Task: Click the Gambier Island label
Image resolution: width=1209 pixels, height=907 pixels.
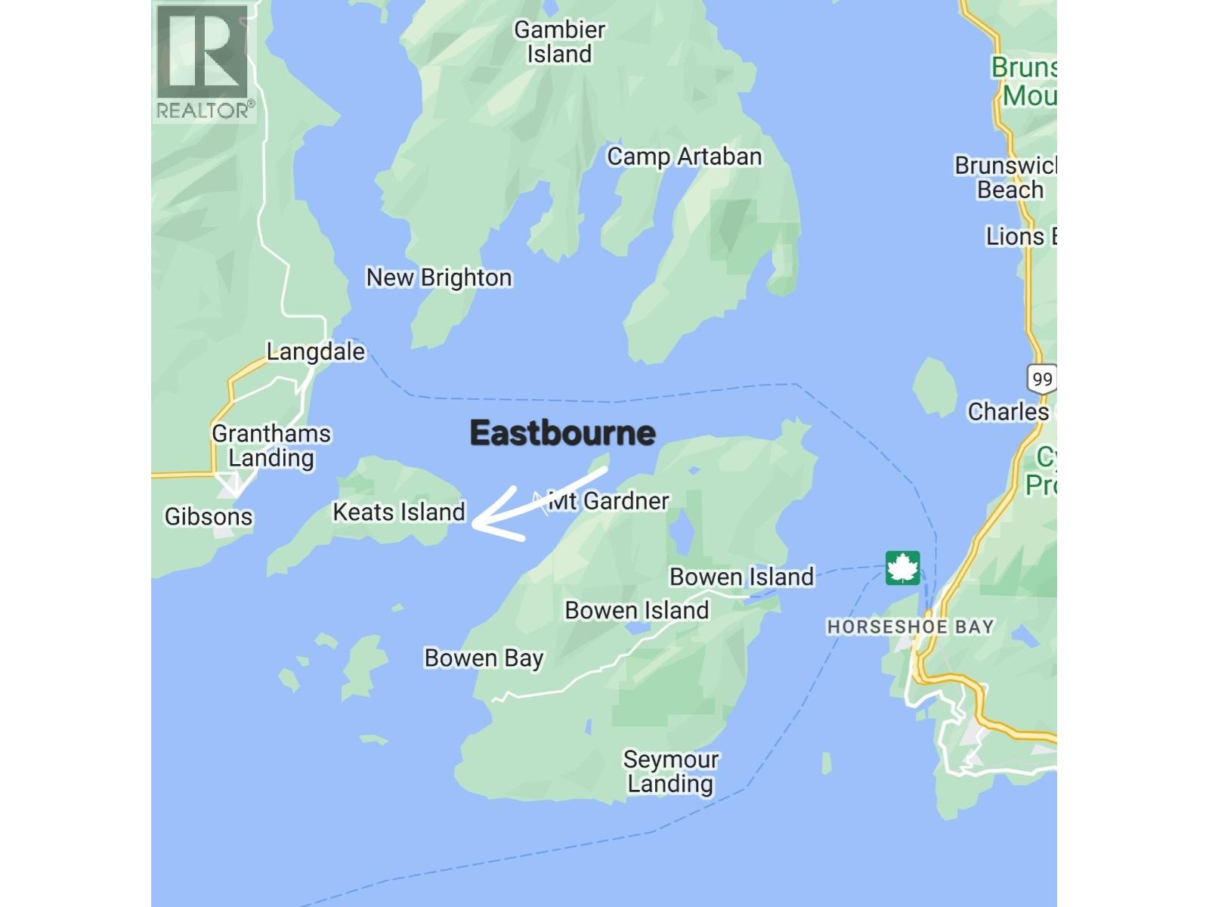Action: (559, 42)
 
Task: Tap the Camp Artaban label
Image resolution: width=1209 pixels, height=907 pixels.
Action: (684, 157)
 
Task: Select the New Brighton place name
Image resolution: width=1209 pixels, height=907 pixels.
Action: (438, 278)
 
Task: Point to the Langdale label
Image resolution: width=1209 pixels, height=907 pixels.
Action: (315, 351)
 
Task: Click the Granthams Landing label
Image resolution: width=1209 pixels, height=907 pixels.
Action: (271, 446)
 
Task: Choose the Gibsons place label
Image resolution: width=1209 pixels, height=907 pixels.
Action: (209, 517)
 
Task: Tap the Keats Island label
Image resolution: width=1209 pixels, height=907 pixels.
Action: (398, 512)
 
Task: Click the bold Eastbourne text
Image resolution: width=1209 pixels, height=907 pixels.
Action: (562, 433)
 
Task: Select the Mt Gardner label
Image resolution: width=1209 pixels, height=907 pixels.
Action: (609, 501)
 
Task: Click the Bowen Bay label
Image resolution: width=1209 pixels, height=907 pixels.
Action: (484, 658)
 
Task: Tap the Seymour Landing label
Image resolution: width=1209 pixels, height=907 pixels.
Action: (670, 772)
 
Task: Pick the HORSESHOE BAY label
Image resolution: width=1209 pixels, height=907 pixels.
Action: (910, 627)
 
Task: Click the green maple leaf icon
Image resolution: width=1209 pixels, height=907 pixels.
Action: (902, 568)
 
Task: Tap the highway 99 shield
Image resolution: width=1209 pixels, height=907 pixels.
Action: (1041, 379)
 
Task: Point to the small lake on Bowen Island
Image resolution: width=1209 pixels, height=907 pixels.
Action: (682, 532)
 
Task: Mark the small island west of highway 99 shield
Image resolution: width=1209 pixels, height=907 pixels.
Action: (935, 386)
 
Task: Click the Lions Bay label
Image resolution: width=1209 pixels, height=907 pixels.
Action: (1020, 237)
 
